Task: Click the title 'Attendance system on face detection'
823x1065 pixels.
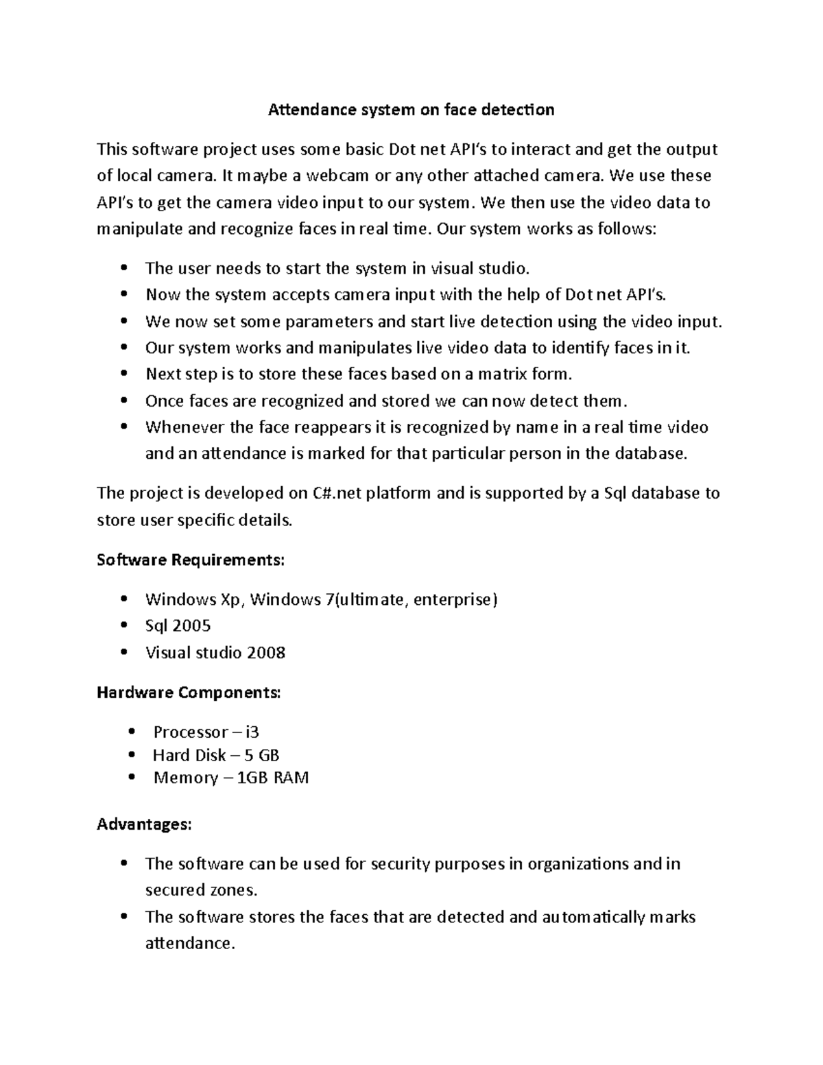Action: [411, 110]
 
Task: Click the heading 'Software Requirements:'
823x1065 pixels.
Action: [190, 560]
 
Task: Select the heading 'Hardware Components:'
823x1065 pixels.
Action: [189, 693]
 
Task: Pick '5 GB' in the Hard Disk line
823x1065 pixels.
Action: [261, 755]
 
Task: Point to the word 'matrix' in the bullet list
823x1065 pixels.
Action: [504, 374]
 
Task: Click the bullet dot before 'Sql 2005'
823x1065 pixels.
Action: [123, 625]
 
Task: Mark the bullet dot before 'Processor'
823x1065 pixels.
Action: [132, 732]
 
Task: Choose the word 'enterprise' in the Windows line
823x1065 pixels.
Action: [455, 599]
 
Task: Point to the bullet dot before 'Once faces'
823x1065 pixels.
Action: [123, 400]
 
